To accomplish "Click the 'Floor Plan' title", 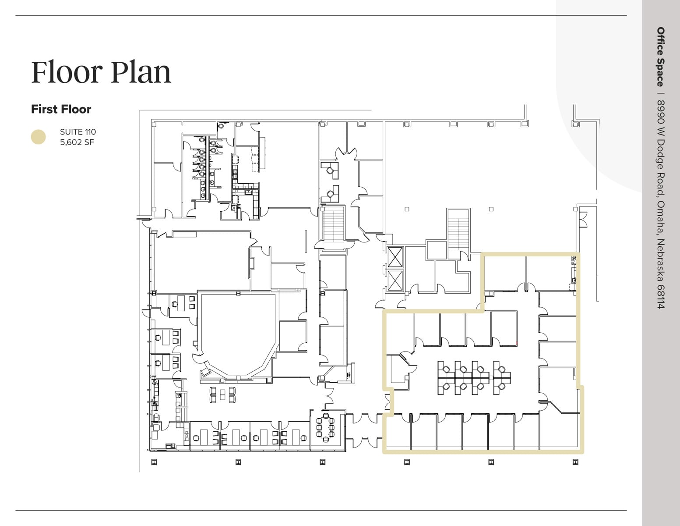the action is coord(101,72).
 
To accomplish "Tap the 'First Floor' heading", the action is coord(61,109).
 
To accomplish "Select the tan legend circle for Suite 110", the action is coord(38,137).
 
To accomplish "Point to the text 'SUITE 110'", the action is coord(78,132).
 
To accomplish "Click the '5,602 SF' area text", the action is coord(77,142).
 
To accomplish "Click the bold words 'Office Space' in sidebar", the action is coord(661,57).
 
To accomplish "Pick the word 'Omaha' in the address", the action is coord(661,217).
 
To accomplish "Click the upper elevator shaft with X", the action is coord(395,257).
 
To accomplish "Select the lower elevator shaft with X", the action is coord(395,280).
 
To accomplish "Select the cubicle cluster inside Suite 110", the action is coord(474,378).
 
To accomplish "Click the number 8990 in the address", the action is coord(661,111).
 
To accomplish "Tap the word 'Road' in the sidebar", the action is coord(661,184).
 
